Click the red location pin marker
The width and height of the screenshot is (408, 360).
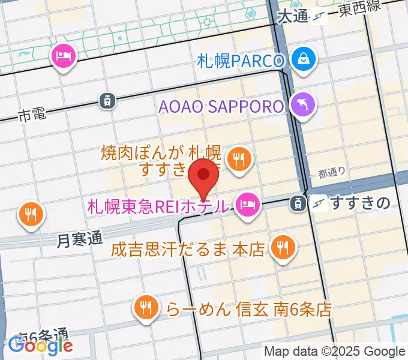(204, 176)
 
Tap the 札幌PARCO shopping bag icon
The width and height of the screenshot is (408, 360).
(304, 60)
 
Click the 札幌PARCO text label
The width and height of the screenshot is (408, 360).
(239, 61)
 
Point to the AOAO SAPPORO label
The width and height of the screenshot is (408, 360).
(221, 107)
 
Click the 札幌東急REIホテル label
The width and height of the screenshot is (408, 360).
(158, 206)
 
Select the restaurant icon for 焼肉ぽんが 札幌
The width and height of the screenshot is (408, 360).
(240, 158)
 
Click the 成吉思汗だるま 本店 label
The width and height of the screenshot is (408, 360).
(188, 248)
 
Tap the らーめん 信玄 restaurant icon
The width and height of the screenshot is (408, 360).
(145, 308)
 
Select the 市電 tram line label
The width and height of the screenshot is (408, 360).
(32, 115)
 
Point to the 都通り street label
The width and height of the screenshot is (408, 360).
(332, 173)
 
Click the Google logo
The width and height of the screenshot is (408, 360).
(40, 345)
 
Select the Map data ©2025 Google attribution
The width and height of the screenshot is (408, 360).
(335, 352)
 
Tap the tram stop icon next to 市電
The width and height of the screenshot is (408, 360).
(106, 101)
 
